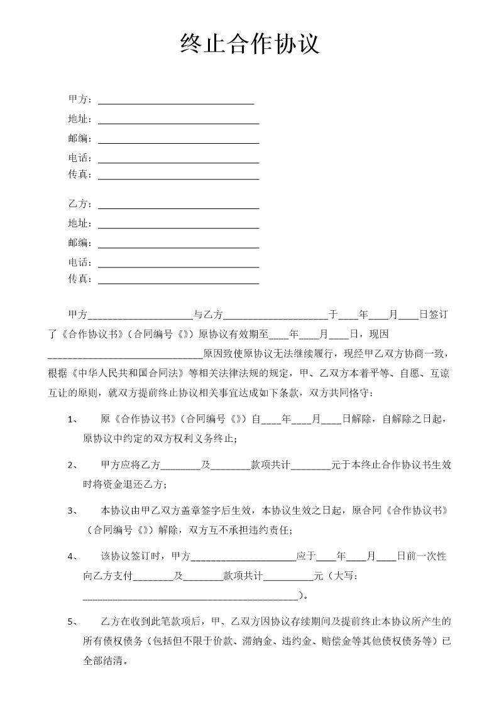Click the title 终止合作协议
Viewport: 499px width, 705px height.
(x=249, y=45)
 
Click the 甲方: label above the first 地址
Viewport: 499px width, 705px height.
(x=80, y=99)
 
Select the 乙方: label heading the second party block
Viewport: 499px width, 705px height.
(x=80, y=204)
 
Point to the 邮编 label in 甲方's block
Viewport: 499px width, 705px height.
(x=80, y=138)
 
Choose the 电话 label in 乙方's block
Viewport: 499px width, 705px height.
(x=80, y=262)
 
